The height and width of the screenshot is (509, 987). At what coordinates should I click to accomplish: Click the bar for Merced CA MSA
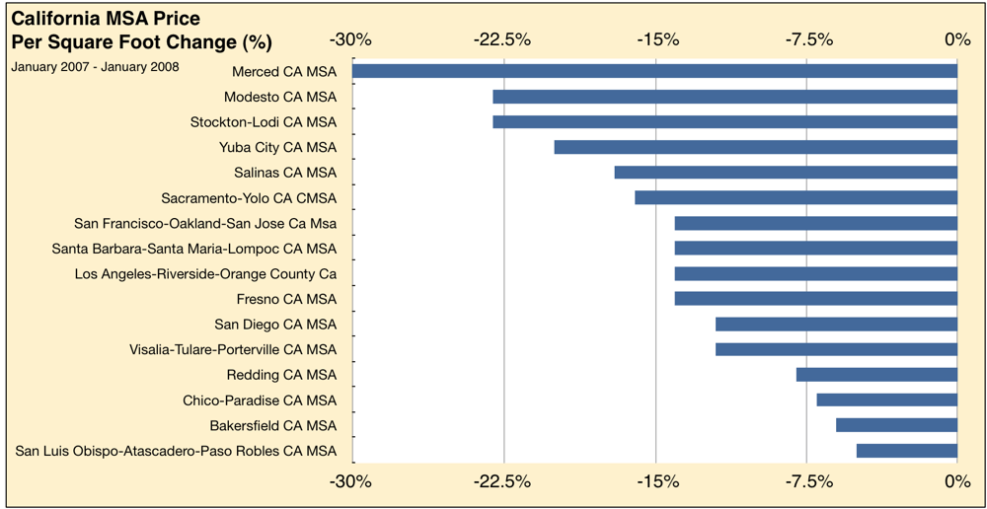[654, 71]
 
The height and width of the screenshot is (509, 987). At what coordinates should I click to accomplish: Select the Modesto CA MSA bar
[724, 97]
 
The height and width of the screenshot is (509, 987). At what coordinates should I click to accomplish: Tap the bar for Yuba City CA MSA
[755, 147]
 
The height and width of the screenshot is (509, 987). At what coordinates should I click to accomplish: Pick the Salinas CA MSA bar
[786, 173]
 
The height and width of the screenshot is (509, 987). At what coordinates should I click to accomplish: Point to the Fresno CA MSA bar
[815, 298]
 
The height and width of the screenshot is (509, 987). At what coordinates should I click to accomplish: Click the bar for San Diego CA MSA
[836, 324]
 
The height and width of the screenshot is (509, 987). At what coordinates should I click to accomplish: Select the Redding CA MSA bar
[876, 375]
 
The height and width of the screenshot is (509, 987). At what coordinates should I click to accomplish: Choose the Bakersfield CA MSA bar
[896, 425]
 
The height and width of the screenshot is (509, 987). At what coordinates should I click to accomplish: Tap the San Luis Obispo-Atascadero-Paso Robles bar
[906, 451]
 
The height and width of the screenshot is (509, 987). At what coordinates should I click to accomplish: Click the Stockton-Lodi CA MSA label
[263, 122]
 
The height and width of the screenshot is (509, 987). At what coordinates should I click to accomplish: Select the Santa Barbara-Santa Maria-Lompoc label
[193, 249]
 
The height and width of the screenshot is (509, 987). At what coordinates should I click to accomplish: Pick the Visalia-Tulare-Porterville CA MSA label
[232, 349]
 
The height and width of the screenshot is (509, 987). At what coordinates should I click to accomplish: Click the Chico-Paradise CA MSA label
[259, 400]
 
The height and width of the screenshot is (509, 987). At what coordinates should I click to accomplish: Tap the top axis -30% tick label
[351, 40]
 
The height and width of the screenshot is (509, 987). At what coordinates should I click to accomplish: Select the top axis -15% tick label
[657, 40]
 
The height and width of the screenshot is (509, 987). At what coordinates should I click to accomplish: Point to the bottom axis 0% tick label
[956, 481]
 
